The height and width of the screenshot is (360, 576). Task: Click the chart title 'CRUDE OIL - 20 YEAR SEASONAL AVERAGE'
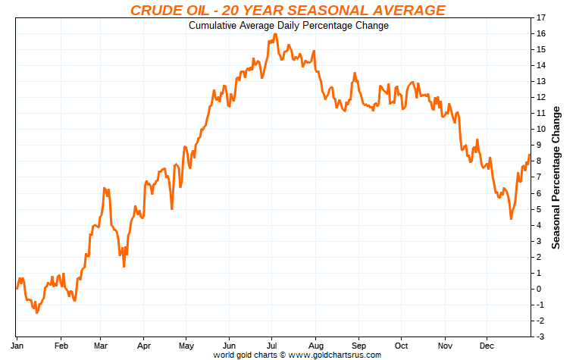[x=288, y=10]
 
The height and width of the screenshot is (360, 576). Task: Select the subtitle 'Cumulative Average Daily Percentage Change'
[x=288, y=26]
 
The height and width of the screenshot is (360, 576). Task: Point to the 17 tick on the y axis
[x=540, y=17]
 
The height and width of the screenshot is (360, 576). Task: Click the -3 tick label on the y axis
[x=540, y=337]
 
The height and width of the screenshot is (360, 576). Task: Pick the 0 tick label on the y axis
[x=540, y=289]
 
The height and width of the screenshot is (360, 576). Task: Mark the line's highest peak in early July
[x=275, y=34]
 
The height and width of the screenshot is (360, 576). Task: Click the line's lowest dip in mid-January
[x=36, y=312]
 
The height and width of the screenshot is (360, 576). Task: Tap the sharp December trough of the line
[x=511, y=218]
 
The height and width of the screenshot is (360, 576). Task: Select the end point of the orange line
[x=529, y=155]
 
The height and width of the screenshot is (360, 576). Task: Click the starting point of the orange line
[x=17, y=288]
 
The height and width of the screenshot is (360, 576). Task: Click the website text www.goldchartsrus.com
[x=334, y=354]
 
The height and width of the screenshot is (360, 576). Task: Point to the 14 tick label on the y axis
[x=540, y=65]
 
